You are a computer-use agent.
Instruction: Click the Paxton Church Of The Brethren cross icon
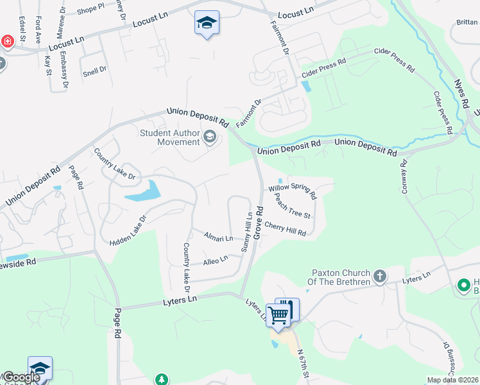pos(380,277)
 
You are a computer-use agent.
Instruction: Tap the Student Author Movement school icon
pos(209,136)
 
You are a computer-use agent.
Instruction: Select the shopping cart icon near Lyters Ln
pos(278,314)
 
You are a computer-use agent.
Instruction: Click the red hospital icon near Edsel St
pos(7,42)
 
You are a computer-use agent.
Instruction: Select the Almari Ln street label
pos(218,237)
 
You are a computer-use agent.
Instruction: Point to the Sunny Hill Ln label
pos(246,232)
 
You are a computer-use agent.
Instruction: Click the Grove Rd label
pos(259,223)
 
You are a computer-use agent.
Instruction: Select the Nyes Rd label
pos(461,94)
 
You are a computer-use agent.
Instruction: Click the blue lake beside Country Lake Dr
pos(142,192)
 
